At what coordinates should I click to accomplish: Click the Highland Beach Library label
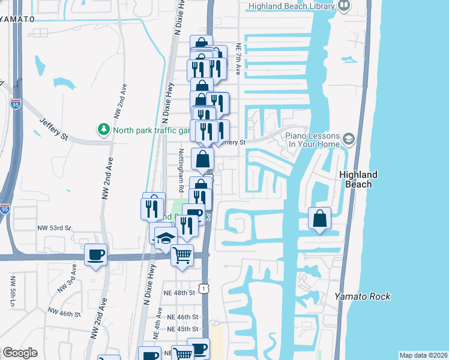pos(290,6)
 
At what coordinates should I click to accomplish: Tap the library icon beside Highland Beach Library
pos(344,7)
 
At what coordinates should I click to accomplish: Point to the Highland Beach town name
pos(358,179)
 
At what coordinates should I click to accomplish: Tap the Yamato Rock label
pos(363,296)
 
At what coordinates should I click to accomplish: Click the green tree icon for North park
pos(104,129)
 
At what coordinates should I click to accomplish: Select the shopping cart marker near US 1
pos(182,254)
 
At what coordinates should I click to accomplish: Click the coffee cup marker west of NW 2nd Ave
pos(96,256)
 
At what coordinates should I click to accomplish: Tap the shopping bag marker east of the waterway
pos(320,218)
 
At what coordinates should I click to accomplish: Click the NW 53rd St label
pos(54,229)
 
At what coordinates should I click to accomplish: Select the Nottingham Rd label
pos(181,170)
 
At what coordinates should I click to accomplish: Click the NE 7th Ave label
pos(238,58)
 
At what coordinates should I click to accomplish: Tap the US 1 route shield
pos(205,289)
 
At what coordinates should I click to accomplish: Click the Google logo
pos(20,353)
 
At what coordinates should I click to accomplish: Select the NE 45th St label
pos(182,329)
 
